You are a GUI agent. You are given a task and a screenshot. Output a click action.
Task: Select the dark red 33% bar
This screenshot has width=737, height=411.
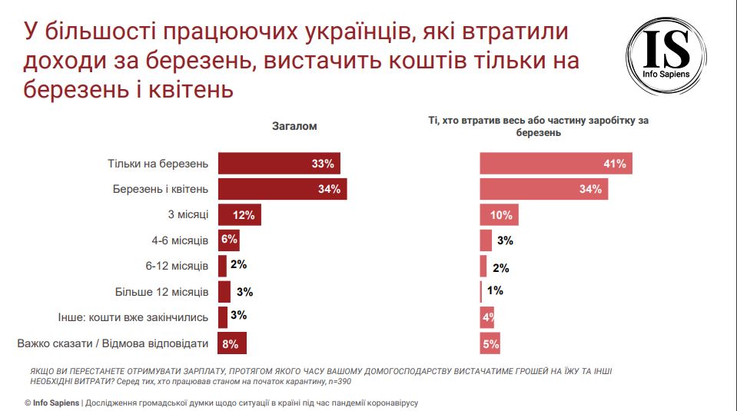[279, 164]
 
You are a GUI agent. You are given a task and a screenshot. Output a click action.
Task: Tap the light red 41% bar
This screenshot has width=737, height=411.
[556, 164]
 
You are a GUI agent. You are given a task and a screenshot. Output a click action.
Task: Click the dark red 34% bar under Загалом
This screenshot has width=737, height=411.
[282, 189]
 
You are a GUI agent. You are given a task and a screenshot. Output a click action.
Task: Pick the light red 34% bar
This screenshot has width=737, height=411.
[543, 189]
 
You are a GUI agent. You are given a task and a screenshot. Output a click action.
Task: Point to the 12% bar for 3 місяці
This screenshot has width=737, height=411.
[240, 215]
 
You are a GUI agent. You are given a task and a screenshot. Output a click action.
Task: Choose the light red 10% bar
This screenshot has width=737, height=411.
[499, 215]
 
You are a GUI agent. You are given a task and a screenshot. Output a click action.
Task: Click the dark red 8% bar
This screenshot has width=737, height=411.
[232, 343]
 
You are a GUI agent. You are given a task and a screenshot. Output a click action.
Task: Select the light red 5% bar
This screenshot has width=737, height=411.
[490, 343]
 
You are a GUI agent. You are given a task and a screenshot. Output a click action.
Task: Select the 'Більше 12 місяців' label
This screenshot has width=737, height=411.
[161, 293]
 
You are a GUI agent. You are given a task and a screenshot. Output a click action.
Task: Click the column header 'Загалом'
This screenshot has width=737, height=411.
[294, 126]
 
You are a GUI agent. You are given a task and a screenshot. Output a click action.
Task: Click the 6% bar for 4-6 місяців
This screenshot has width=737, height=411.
[228, 240]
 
